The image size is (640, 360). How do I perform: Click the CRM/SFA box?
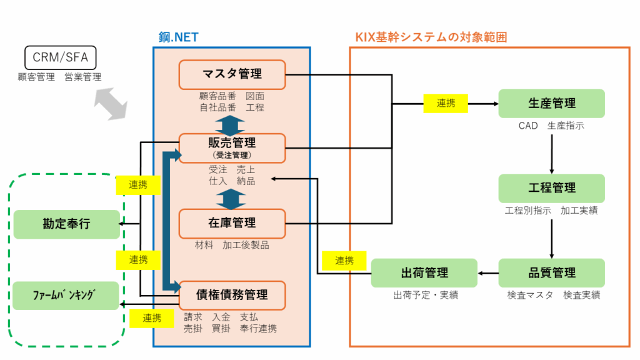coord(60,58)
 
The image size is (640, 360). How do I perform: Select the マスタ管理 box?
coord(232,74)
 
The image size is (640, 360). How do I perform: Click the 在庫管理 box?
coord(232,223)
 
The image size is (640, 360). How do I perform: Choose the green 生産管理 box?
coord(551,103)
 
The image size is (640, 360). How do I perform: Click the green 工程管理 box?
coord(551,188)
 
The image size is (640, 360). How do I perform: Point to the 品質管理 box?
coord(551,273)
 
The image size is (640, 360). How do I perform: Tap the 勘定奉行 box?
coord(66,224)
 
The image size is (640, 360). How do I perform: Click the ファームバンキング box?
coord(66,296)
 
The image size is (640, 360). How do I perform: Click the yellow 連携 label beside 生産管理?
coord(446,104)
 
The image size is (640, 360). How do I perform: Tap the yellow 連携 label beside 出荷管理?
coord(344,261)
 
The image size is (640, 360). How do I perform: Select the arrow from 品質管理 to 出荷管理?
coord(488,273)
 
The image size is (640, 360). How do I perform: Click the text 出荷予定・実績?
coord(426,295)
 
